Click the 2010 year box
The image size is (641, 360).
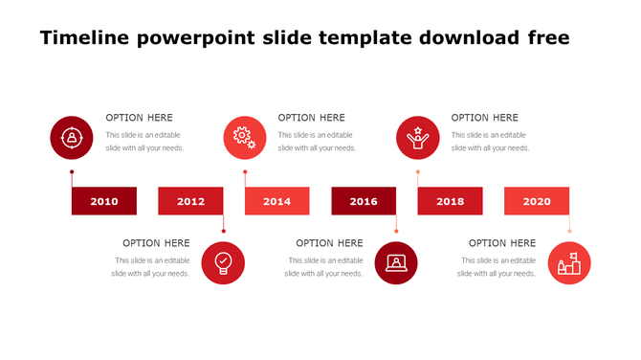[x=104, y=201]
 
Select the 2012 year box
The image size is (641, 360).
[x=190, y=201]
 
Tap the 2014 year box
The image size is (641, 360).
[x=276, y=201]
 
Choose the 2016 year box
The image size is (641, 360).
[x=364, y=201]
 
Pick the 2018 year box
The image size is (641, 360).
[x=450, y=201]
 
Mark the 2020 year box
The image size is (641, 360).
[x=537, y=201]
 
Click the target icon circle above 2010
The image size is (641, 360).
[x=71, y=138]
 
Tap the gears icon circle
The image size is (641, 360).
[x=244, y=138]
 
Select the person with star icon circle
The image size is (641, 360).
[x=417, y=138]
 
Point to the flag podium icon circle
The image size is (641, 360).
[x=569, y=263]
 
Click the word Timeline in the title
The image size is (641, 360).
[x=84, y=38]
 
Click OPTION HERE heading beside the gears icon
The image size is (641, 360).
[x=311, y=118]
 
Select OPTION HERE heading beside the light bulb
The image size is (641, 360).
[x=156, y=243]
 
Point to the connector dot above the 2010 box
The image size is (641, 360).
[x=71, y=172]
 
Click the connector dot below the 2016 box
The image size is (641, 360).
[x=396, y=231]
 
